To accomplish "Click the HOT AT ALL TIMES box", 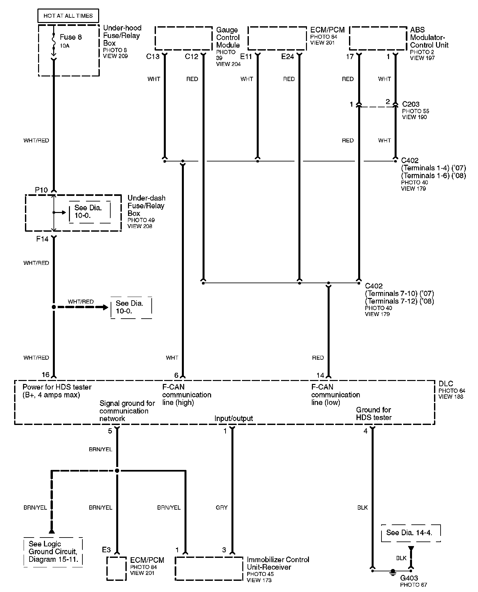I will tap(68, 16).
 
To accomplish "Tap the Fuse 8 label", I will tap(71, 37).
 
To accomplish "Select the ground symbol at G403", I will tap(392, 572).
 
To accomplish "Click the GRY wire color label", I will tap(222, 507).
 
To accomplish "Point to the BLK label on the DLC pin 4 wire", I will tap(362, 507).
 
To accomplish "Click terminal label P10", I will tap(41, 190).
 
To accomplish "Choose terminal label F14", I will tap(42, 239).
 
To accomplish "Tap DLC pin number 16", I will tap(45, 375).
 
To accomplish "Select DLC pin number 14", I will tap(320, 375).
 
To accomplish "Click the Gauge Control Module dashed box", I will tap(183, 38).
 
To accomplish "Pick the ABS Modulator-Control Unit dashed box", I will tap(378, 38).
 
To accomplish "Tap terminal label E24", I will tap(288, 56).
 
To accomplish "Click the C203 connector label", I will tap(411, 104).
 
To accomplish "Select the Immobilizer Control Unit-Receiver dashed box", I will tap(209, 568).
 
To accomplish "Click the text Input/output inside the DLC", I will tap(233, 418).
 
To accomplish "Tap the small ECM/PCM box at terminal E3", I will tap(117, 568).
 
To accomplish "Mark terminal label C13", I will tap(153, 56).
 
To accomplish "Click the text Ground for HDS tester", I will tap(374, 413).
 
